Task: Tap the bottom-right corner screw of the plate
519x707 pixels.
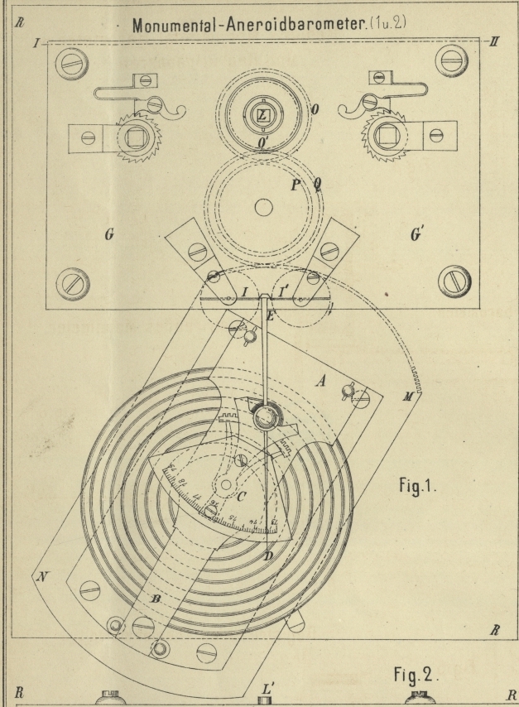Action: coord(453,281)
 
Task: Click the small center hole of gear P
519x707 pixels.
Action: coord(263,206)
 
